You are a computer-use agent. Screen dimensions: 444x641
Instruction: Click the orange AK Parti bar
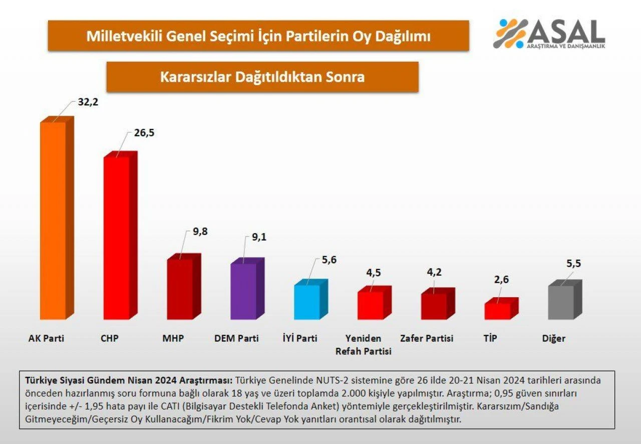(53, 220)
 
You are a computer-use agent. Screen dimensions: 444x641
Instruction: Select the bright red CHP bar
(116, 238)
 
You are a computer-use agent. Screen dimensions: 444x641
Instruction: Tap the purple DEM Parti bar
(243, 291)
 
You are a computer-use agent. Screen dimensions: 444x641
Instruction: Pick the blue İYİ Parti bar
(306, 302)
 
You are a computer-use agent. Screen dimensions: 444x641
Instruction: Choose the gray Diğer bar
(561, 302)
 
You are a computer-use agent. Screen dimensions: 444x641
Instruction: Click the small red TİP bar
(497, 311)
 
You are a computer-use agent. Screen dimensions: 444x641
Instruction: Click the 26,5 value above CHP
(144, 133)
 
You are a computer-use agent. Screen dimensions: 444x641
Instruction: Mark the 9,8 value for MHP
(200, 231)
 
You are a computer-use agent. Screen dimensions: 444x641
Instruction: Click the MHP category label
(173, 338)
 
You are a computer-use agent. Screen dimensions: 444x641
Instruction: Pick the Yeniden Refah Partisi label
(363, 345)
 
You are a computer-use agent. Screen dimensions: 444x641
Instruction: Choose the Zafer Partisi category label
(427, 338)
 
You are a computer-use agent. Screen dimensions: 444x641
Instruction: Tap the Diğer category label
(553, 338)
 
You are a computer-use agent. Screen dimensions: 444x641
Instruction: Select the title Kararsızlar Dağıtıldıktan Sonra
(262, 77)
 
